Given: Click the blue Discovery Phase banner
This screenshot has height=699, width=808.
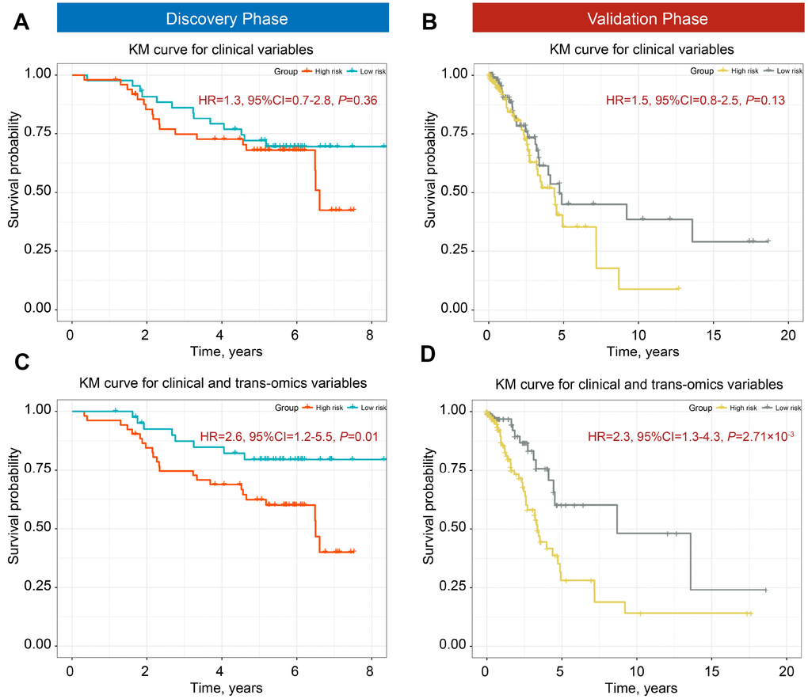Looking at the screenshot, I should [223, 17].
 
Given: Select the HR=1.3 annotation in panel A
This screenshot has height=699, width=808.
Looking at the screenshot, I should [276, 101].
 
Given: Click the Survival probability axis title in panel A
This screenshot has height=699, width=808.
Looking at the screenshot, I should [14, 192].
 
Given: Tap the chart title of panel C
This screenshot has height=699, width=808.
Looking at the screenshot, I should [223, 384].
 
